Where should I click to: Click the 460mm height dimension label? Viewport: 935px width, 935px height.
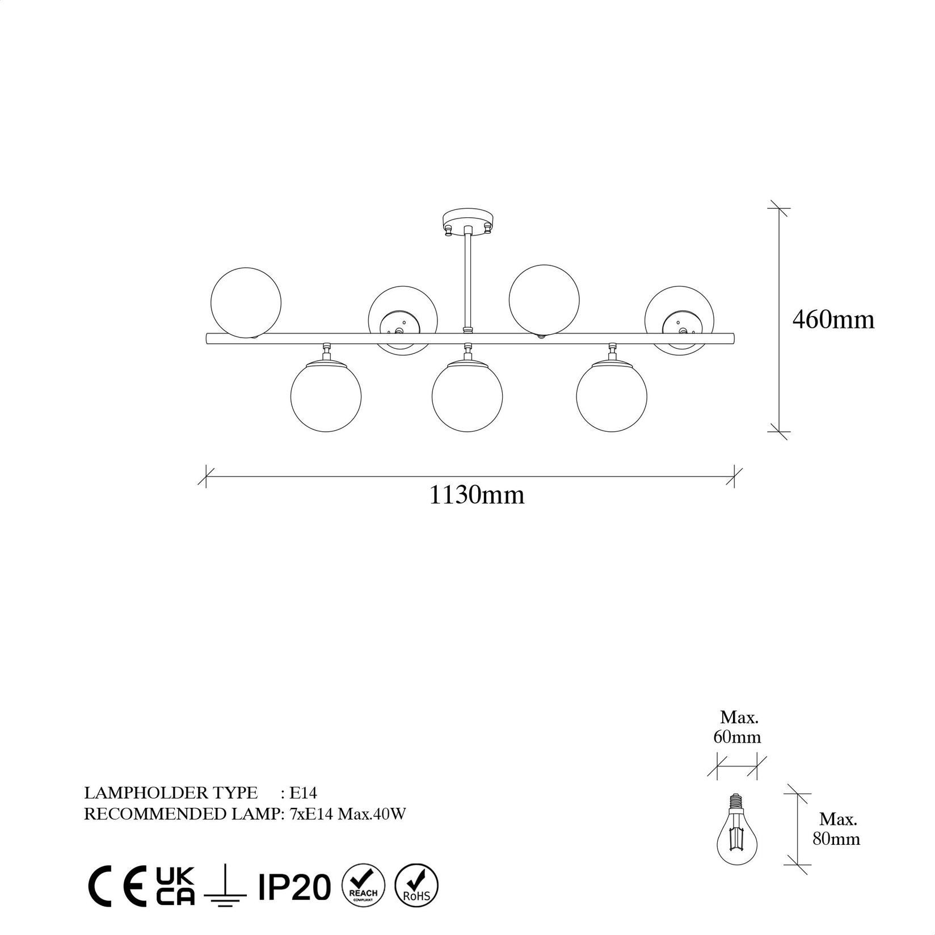pyautogui.click(x=833, y=321)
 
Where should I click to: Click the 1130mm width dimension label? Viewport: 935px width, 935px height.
pyautogui.click(x=476, y=495)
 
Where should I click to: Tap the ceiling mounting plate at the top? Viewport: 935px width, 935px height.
pyautogui.click(x=467, y=220)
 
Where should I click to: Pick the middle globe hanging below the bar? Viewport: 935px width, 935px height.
pyautogui.click(x=467, y=396)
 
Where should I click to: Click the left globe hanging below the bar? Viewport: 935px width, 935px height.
pyautogui.click(x=326, y=396)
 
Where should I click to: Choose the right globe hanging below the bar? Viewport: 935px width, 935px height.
pyautogui.click(x=612, y=396)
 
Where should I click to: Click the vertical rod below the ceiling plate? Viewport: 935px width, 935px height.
pyautogui.click(x=468, y=278)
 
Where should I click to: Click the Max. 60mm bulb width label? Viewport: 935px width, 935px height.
pyautogui.click(x=738, y=727)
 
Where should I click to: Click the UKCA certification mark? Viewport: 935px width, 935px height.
pyautogui.click(x=175, y=886)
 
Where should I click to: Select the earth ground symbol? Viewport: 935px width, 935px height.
pyautogui.click(x=225, y=887)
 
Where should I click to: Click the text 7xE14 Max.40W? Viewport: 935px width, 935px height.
pyautogui.click(x=348, y=814)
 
